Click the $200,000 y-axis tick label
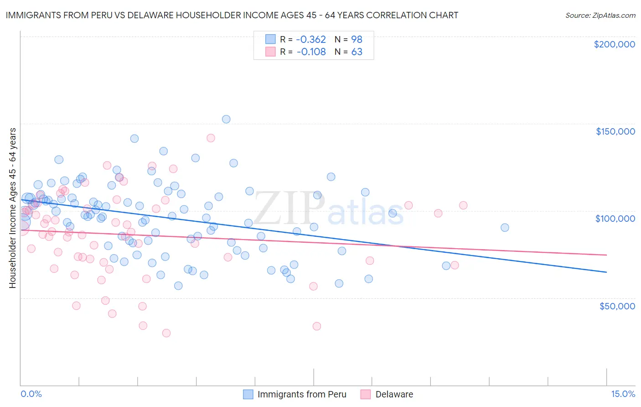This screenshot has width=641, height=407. (x=614, y=44)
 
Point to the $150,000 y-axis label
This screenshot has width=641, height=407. (x=615, y=131)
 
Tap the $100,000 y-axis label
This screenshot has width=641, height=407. (x=615, y=219)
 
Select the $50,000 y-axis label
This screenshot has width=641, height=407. (x=617, y=306)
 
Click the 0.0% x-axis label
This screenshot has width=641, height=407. (x=31, y=394)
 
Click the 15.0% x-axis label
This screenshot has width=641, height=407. (x=623, y=394)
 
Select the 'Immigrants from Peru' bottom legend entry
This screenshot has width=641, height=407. (x=302, y=394)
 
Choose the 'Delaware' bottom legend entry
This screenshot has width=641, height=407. (x=394, y=394)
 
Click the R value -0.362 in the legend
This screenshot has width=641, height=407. (x=311, y=39)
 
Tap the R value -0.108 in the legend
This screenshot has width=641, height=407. (x=311, y=52)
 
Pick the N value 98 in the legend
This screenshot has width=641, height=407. (x=357, y=39)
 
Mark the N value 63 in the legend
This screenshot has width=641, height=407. (x=357, y=52)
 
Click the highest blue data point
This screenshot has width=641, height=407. (x=226, y=119)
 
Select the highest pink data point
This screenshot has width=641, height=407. (x=211, y=138)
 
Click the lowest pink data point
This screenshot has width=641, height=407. (x=166, y=333)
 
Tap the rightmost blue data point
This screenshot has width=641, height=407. (x=505, y=228)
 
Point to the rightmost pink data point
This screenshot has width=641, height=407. (x=463, y=205)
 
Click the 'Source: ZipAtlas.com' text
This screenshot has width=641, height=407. (x=600, y=15)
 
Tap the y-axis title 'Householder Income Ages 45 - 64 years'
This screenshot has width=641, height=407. (x=12, y=208)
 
